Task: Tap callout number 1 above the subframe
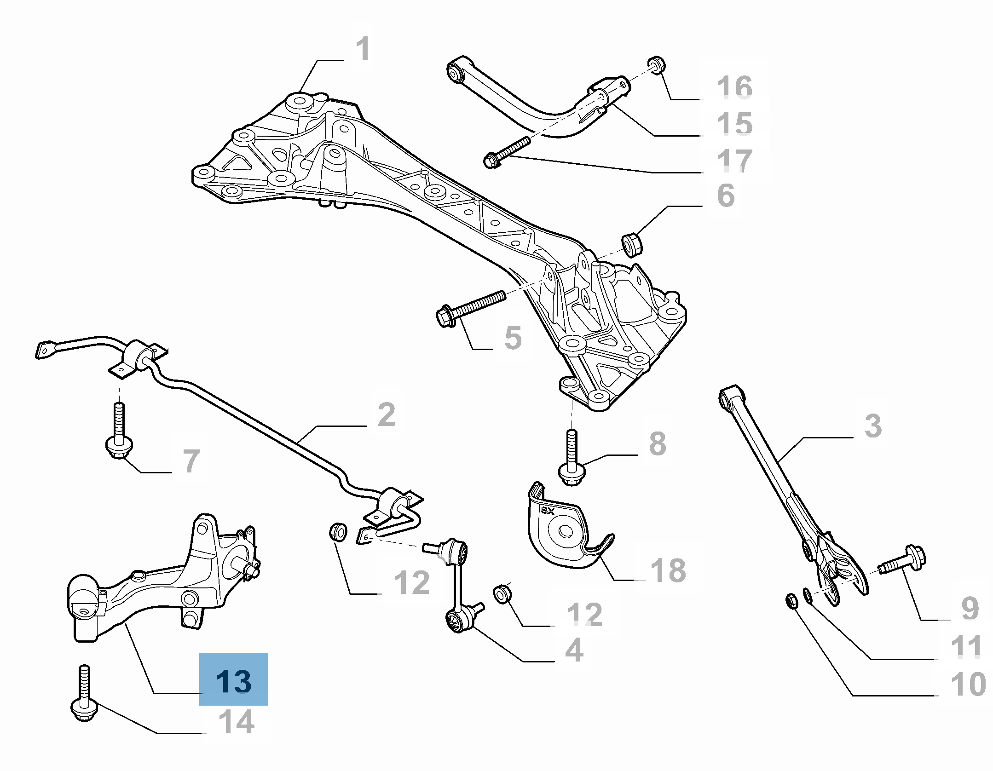coord(363,49)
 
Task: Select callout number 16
coord(734,87)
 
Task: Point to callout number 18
coord(668,570)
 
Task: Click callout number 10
coord(968,684)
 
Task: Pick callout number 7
coord(191,460)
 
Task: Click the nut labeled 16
coord(657,64)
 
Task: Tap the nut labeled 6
coord(633,244)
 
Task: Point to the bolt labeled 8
coord(572,460)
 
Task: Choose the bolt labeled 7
coord(119,432)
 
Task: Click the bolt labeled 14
coord(84,699)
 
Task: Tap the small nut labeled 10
coord(791,600)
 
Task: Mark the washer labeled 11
coord(808,596)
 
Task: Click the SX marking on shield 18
coord(548,510)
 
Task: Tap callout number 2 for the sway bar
coord(386,414)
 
